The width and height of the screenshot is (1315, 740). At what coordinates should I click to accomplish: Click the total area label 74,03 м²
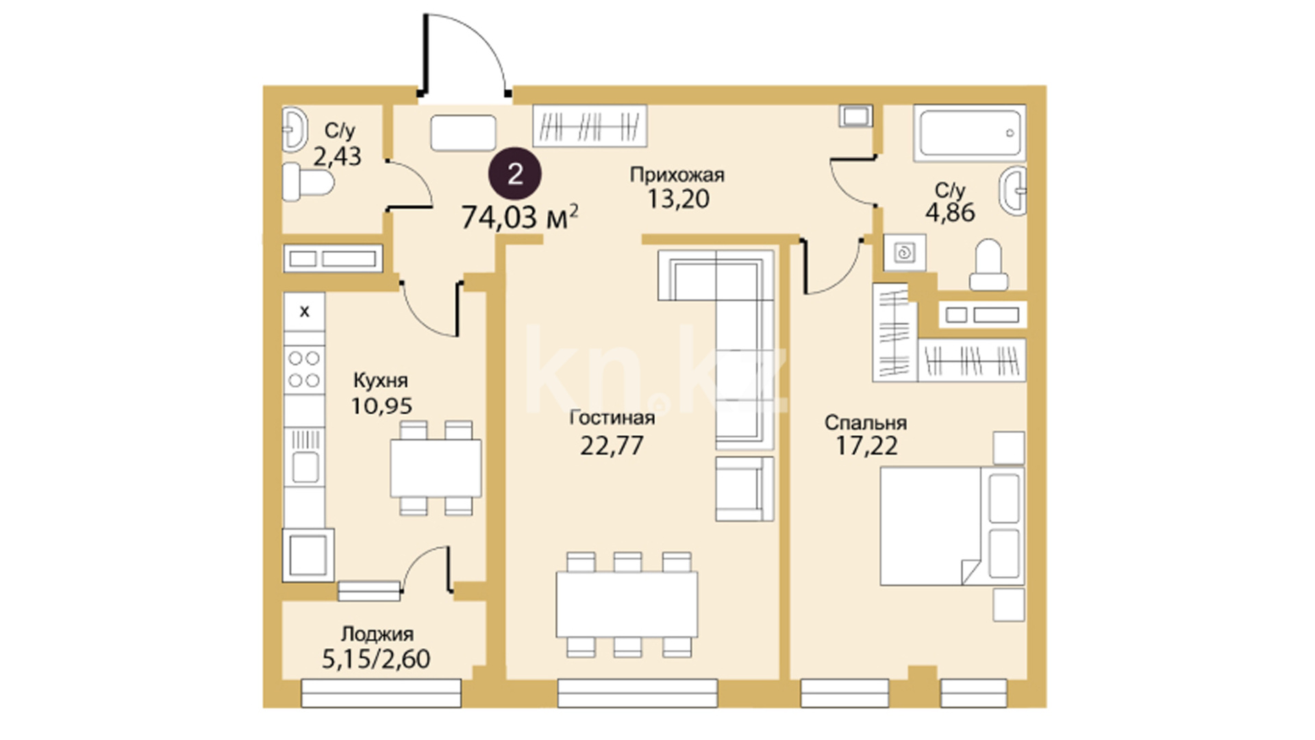point(520,217)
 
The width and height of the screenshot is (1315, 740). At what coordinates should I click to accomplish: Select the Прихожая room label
point(677,175)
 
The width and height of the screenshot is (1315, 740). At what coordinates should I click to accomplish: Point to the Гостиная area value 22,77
point(612,445)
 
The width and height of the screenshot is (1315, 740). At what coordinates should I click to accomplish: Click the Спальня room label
point(866,422)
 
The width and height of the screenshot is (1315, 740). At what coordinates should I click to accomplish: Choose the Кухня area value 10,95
point(381,406)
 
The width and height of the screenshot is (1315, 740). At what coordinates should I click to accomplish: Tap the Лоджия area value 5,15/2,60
point(376,658)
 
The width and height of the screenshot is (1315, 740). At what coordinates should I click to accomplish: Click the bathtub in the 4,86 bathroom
point(969,133)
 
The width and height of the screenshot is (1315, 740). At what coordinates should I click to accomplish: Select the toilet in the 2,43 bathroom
point(308,182)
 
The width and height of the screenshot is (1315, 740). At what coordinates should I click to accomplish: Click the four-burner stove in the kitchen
point(304,369)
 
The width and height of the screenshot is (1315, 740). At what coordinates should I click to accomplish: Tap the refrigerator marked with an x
point(304,312)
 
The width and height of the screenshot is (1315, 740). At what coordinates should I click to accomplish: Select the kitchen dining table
point(436,468)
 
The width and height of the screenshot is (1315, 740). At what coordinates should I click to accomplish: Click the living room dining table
point(627,604)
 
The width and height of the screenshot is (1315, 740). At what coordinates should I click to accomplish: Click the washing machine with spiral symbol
point(905,253)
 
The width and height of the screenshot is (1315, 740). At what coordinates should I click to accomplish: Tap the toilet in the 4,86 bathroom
point(988,264)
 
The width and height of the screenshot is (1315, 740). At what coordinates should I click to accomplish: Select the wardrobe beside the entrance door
point(590,125)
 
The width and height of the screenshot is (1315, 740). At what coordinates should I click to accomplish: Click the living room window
point(638,693)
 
